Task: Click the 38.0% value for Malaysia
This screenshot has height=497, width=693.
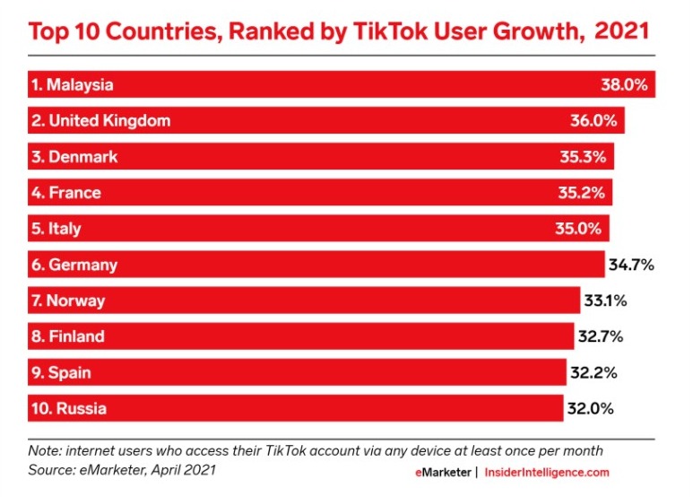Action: pyautogui.click(x=624, y=85)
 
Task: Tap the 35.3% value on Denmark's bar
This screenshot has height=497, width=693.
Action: pyautogui.click(x=583, y=157)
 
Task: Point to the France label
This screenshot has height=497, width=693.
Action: pyautogui.click(x=66, y=193)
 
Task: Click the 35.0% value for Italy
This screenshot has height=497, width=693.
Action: pyautogui.click(x=577, y=229)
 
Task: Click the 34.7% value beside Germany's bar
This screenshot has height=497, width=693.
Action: pyautogui.click(x=632, y=265)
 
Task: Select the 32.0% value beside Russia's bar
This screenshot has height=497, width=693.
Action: pyautogui.click(x=590, y=408)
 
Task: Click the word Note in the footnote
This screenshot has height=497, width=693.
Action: pyautogui.click(x=40, y=450)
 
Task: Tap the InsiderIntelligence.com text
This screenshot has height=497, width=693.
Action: pyautogui.click(x=547, y=472)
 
